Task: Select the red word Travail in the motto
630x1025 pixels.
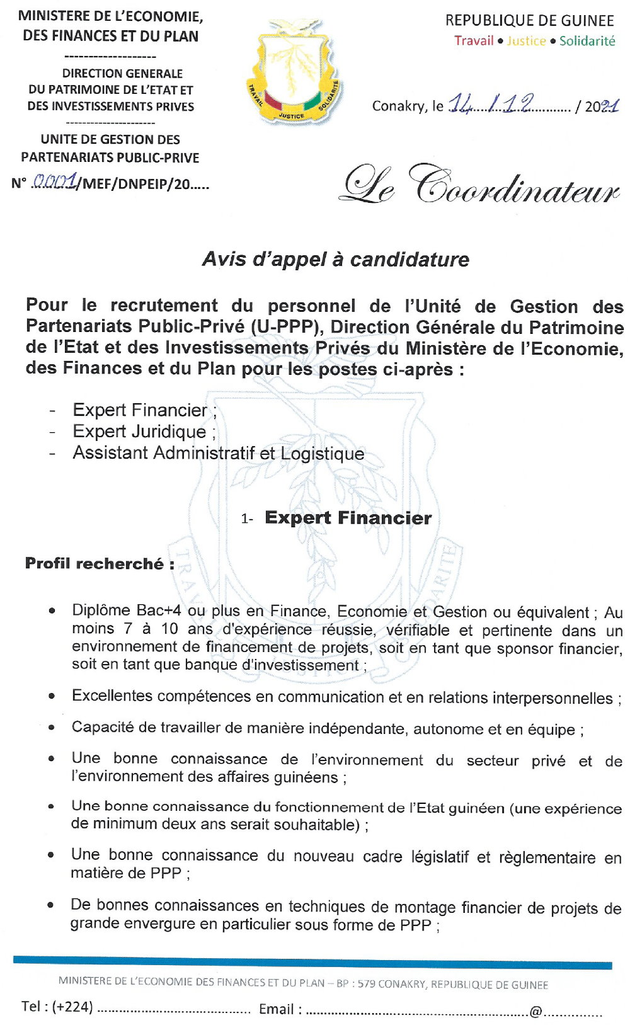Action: pos(474,41)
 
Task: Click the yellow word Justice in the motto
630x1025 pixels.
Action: pos(526,41)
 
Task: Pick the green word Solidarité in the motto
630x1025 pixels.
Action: pos(587,41)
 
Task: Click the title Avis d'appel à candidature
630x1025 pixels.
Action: pos(335,259)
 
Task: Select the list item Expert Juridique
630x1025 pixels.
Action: pos(139,432)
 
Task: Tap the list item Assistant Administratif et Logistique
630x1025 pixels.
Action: pos(218,453)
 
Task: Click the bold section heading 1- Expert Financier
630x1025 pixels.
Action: pos(347,518)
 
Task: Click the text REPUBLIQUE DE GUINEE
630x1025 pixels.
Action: pos(529,21)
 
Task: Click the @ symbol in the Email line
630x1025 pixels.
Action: pos(535,1011)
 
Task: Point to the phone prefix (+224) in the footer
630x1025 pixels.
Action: pos(72,1007)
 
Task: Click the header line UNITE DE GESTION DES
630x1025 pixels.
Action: pos(110,139)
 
